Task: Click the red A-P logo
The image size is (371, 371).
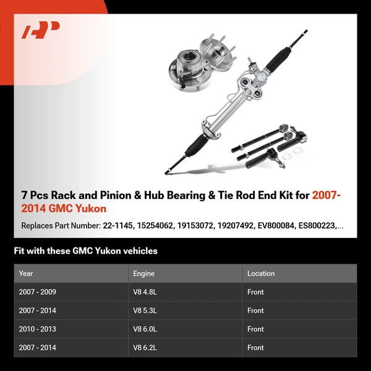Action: (x=41, y=31)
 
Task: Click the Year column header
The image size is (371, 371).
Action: (x=26, y=273)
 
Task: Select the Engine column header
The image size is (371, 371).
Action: (x=143, y=273)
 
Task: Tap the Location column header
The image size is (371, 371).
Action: (x=261, y=273)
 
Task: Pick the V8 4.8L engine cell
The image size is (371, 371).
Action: (x=145, y=292)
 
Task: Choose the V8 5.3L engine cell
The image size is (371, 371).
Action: (x=145, y=310)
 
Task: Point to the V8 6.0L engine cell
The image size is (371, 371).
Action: (x=145, y=329)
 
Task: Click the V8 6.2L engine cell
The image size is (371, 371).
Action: (x=145, y=348)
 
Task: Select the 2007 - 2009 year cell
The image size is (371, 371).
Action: (x=37, y=292)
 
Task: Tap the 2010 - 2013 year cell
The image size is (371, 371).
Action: (x=37, y=329)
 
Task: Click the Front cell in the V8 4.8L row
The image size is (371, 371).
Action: (x=255, y=292)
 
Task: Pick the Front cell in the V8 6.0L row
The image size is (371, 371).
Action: (x=255, y=329)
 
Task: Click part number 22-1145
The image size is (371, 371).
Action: (x=117, y=226)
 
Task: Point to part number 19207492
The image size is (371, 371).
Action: (x=235, y=226)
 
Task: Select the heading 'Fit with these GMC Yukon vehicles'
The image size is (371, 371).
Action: (x=85, y=251)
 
